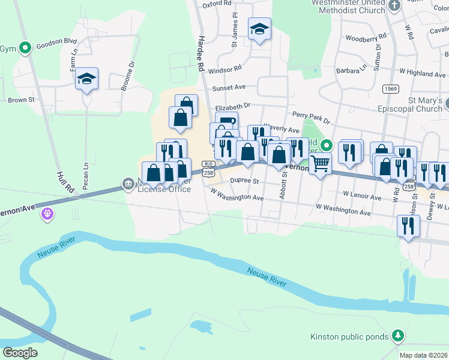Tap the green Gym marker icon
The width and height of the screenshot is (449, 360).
point(25,47)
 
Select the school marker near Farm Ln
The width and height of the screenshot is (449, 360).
point(86,79)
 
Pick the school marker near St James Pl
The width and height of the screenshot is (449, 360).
point(259,29)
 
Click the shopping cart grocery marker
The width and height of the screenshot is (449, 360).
point(321,163)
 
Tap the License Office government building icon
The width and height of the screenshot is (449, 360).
point(128,183)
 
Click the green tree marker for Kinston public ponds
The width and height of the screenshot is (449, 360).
point(397,335)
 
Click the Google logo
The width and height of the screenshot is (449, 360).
point(20,353)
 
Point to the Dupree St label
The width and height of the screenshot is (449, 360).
point(244,181)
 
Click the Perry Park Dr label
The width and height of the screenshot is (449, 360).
point(311,117)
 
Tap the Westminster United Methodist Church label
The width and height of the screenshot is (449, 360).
point(340,7)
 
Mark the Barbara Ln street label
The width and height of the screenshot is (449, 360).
point(352,70)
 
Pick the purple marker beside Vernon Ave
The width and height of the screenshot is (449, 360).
point(47,212)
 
